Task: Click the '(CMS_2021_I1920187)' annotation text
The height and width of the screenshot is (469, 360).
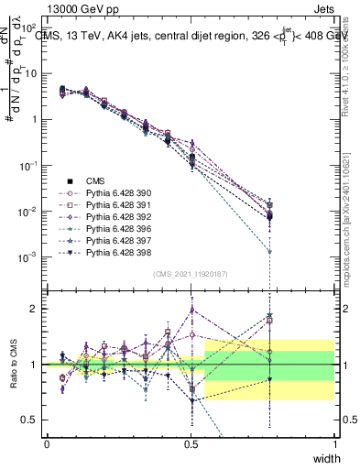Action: point(191,274)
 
